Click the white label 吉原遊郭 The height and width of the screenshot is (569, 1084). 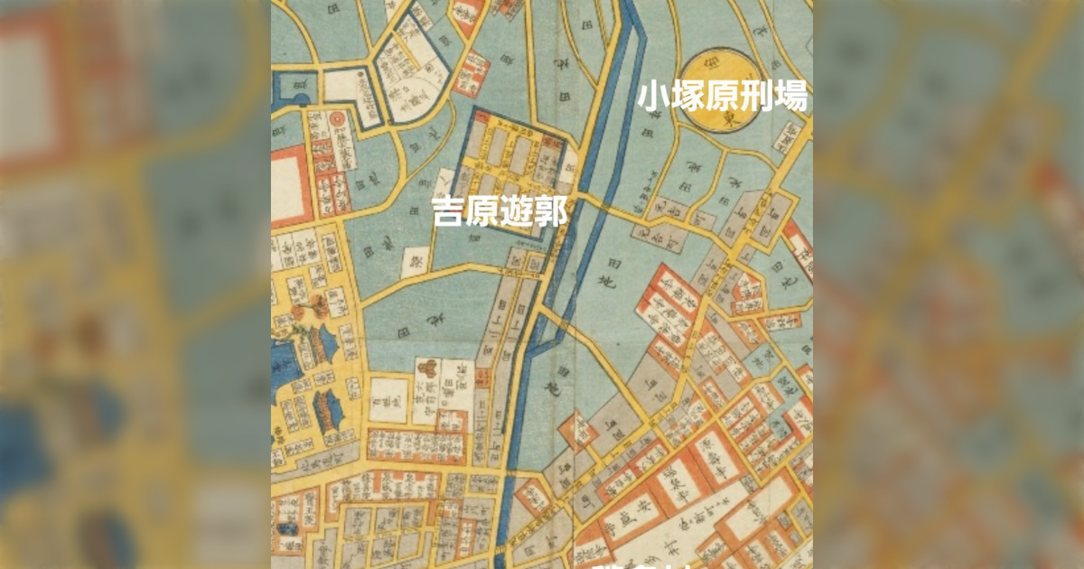pyautogui.click(x=500, y=213)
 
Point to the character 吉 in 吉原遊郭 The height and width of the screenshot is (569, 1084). pyautogui.click(x=449, y=213)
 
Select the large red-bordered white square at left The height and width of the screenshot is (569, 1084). pyautogui.click(x=290, y=184)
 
